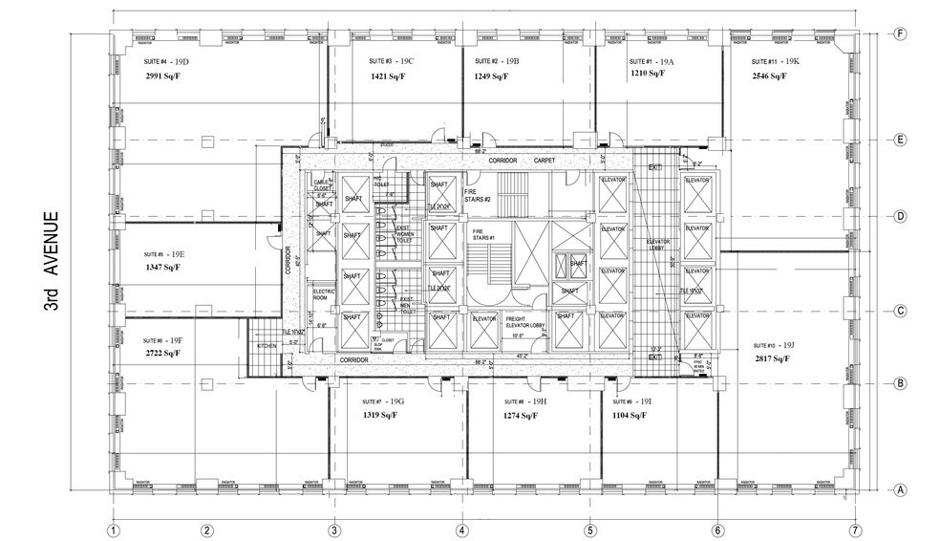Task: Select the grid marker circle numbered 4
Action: point(461,530)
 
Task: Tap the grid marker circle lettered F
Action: point(899,32)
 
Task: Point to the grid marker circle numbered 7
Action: point(855,530)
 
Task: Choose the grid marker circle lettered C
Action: point(899,311)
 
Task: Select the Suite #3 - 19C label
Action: point(391,61)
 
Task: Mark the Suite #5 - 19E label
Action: point(163,253)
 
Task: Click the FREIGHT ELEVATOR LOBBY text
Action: point(523,322)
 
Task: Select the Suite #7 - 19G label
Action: point(385,401)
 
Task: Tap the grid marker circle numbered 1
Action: point(113,530)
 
